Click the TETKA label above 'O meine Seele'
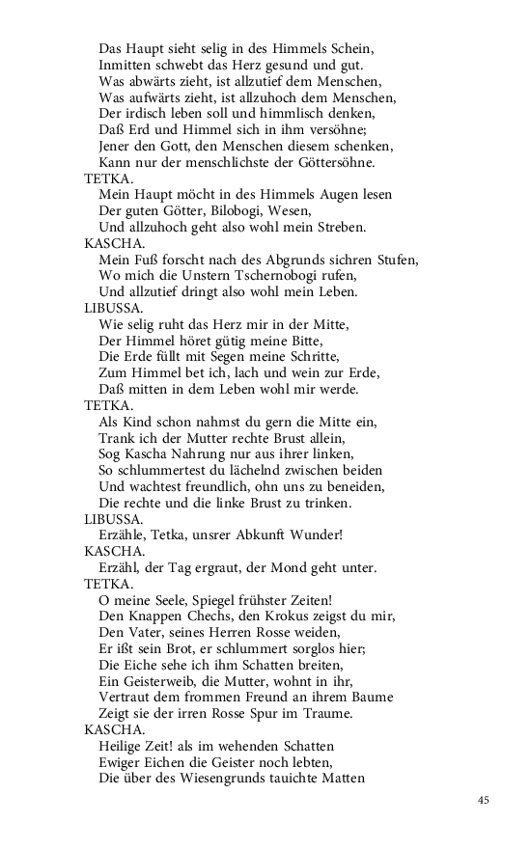(x=108, y=584)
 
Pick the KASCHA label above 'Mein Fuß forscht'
(x=111, y=244)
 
